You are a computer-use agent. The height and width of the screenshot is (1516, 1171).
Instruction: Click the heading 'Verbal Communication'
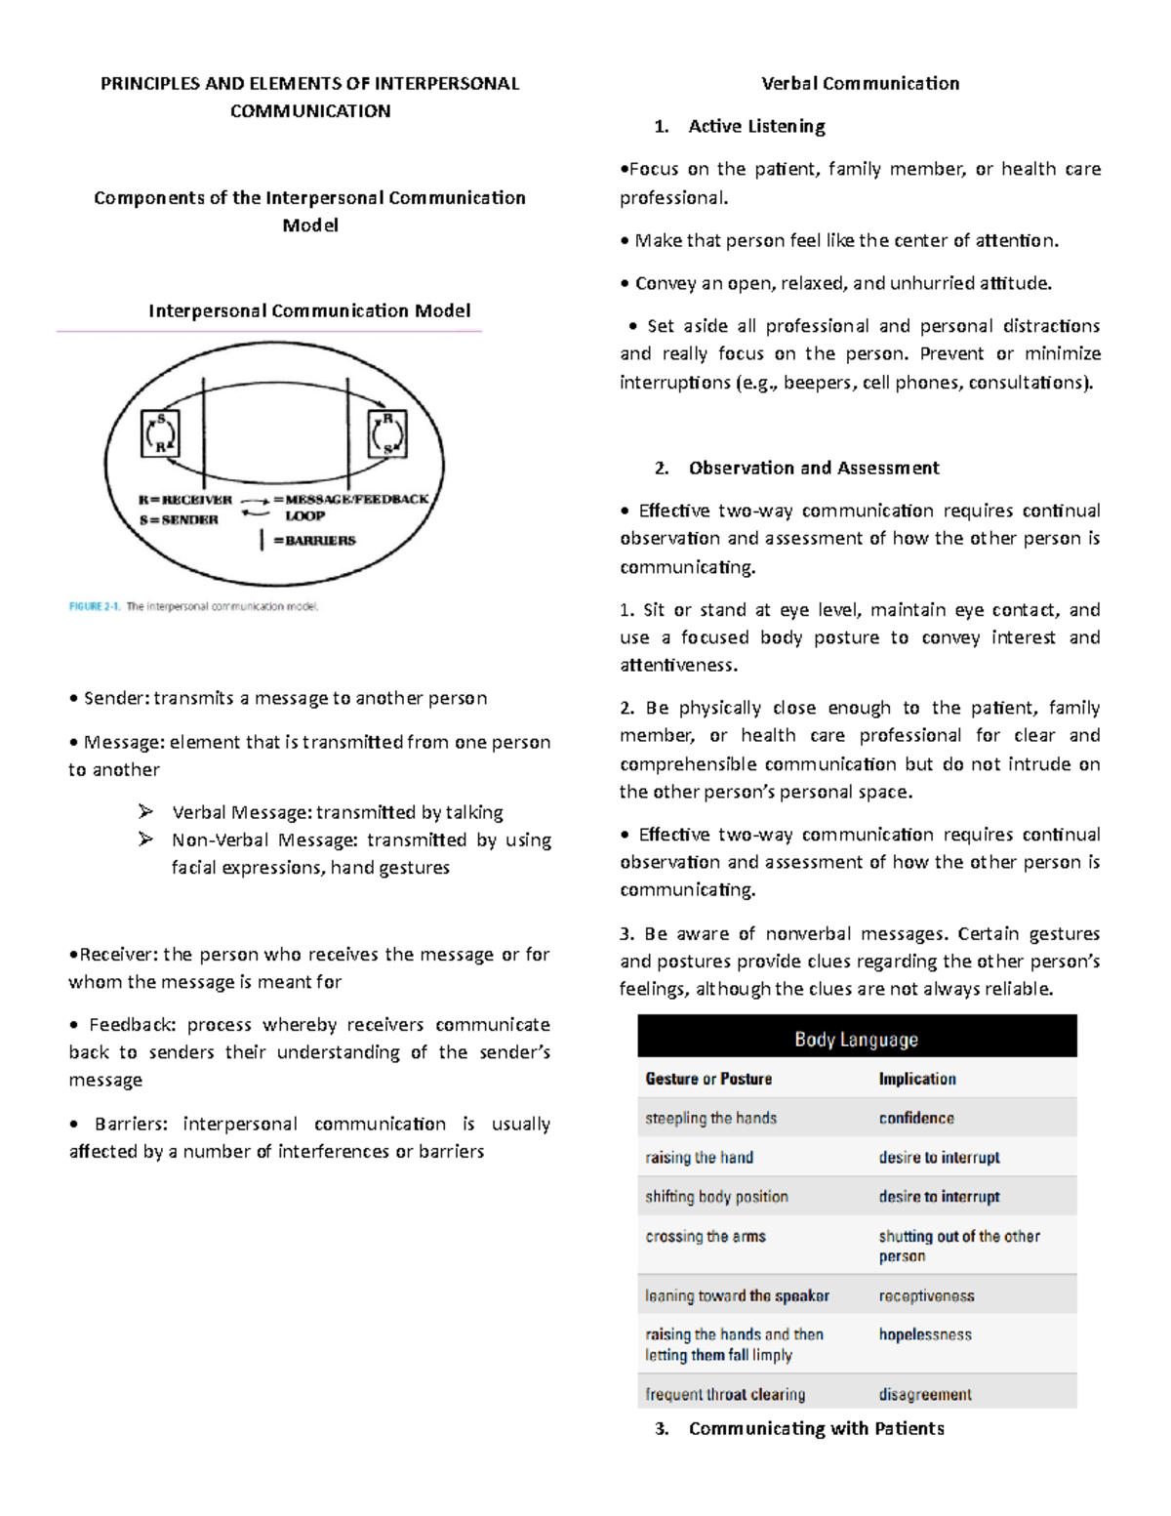coord(860,84)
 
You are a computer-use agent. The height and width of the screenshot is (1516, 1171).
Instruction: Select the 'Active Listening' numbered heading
coord(756,127)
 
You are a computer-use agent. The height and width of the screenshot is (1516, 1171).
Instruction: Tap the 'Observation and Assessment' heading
coord(814,469)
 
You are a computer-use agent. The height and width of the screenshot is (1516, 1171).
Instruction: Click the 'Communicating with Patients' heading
coord(816,1429)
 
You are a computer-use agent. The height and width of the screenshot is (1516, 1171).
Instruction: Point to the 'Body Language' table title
coord(856,1040)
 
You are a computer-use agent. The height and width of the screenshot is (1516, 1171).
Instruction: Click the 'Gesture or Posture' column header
coord(708,1080)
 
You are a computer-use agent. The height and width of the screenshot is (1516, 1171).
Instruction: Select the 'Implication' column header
coord(917,1080)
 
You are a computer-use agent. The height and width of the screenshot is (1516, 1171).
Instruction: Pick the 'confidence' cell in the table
coord(916,1119)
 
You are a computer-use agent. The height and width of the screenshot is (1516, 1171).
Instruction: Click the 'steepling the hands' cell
coord(710,1119)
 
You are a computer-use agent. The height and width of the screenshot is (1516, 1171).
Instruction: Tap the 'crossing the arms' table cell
coord(706,1237)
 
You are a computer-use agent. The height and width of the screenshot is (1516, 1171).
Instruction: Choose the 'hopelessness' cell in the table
coord(925,1335)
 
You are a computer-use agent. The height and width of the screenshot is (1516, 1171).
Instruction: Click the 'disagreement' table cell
coord(925,1395)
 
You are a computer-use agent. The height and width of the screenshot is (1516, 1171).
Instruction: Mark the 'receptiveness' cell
coord(926,1296)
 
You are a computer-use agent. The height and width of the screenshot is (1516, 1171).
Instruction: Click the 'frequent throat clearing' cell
coord(725,1395)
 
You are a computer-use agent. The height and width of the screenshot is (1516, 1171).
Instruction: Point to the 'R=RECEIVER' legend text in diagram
coord(185,500)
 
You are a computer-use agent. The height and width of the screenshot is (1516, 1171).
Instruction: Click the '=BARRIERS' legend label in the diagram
coord(314,541)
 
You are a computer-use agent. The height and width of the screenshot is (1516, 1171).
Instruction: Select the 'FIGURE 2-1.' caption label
coord(95,607)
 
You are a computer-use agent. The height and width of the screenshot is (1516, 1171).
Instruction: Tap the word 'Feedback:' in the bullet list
coord(131,1025)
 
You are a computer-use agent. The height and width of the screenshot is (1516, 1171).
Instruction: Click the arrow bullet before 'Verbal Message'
coord(146,812)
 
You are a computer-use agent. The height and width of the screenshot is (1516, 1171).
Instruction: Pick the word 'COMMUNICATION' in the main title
coord(310,111)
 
